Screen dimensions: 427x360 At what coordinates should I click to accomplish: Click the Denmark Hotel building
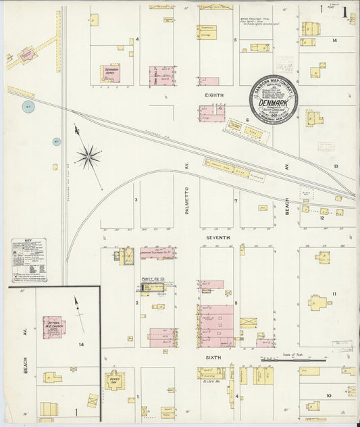[111, 74]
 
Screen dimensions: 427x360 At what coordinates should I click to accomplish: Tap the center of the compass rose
[88, 157]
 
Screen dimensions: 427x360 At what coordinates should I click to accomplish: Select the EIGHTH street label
[214, 95]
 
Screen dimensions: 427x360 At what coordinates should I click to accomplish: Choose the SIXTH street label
[217, 354]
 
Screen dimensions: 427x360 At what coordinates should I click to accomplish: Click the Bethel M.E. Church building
[54, 327]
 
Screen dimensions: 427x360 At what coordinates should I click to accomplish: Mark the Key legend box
[29, 260]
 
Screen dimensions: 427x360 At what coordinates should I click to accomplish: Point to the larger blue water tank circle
[28, 107]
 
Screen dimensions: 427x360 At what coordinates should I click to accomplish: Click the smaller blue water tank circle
[57, 142]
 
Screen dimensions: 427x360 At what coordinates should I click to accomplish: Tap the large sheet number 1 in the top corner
[344, 11]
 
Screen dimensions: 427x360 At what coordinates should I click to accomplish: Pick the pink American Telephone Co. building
[157, 253]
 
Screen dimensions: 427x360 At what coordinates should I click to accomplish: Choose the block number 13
[335, 166]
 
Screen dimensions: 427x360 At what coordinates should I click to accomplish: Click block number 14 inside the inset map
[82, 345]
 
